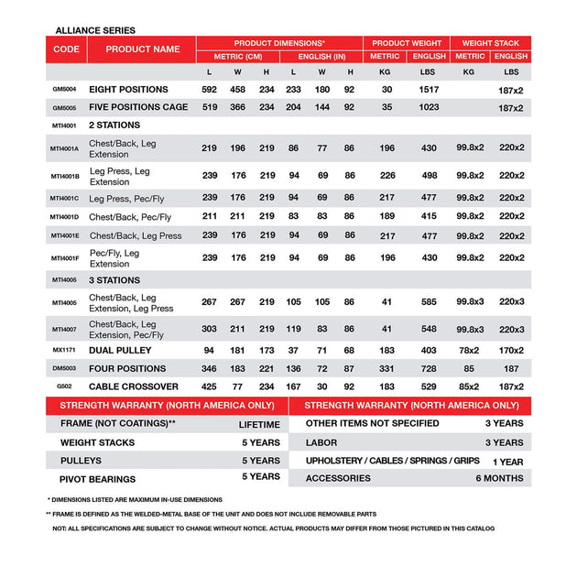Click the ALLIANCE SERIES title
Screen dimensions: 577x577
pyautogui.click(x=95, y=30)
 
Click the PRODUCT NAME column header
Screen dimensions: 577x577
pyautogui.click(x=142, y=49)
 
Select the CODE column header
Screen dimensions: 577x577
pyautogui.click(x=66, y=49)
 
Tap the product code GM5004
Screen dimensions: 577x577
pyautogui.click(x=65, y=90)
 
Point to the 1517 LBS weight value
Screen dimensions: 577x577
pyautogui.click(x=429, y=90)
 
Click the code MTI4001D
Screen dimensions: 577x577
pyautogui.click(x=65, y=217)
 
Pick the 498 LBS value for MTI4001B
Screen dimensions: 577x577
pyautogui.click(x=429, y=176)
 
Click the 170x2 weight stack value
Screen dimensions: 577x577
pyautogui.click(x=511, y=349)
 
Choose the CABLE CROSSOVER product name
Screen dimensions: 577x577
pyautogui.click(x=134, y=386)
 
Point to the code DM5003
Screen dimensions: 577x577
pyautogui.click(x=65, y=368)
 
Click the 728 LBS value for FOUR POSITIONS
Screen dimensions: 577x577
pyautogui.click(x=429, y=368)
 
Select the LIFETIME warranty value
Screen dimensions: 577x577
pyautogui.click(x=259, y=425)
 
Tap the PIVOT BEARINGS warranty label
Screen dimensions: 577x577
pyautogui.click(x=97, y=479)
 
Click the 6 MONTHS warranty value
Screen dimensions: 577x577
pyautogui.click(x=499, y=478)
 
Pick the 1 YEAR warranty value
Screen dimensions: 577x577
pyautogui.click(x=506, y=461)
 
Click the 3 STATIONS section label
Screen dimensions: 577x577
pyautogui.click(x=114, y=280)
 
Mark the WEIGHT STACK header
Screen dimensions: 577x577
pyautogui.click(x=490, y=43)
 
